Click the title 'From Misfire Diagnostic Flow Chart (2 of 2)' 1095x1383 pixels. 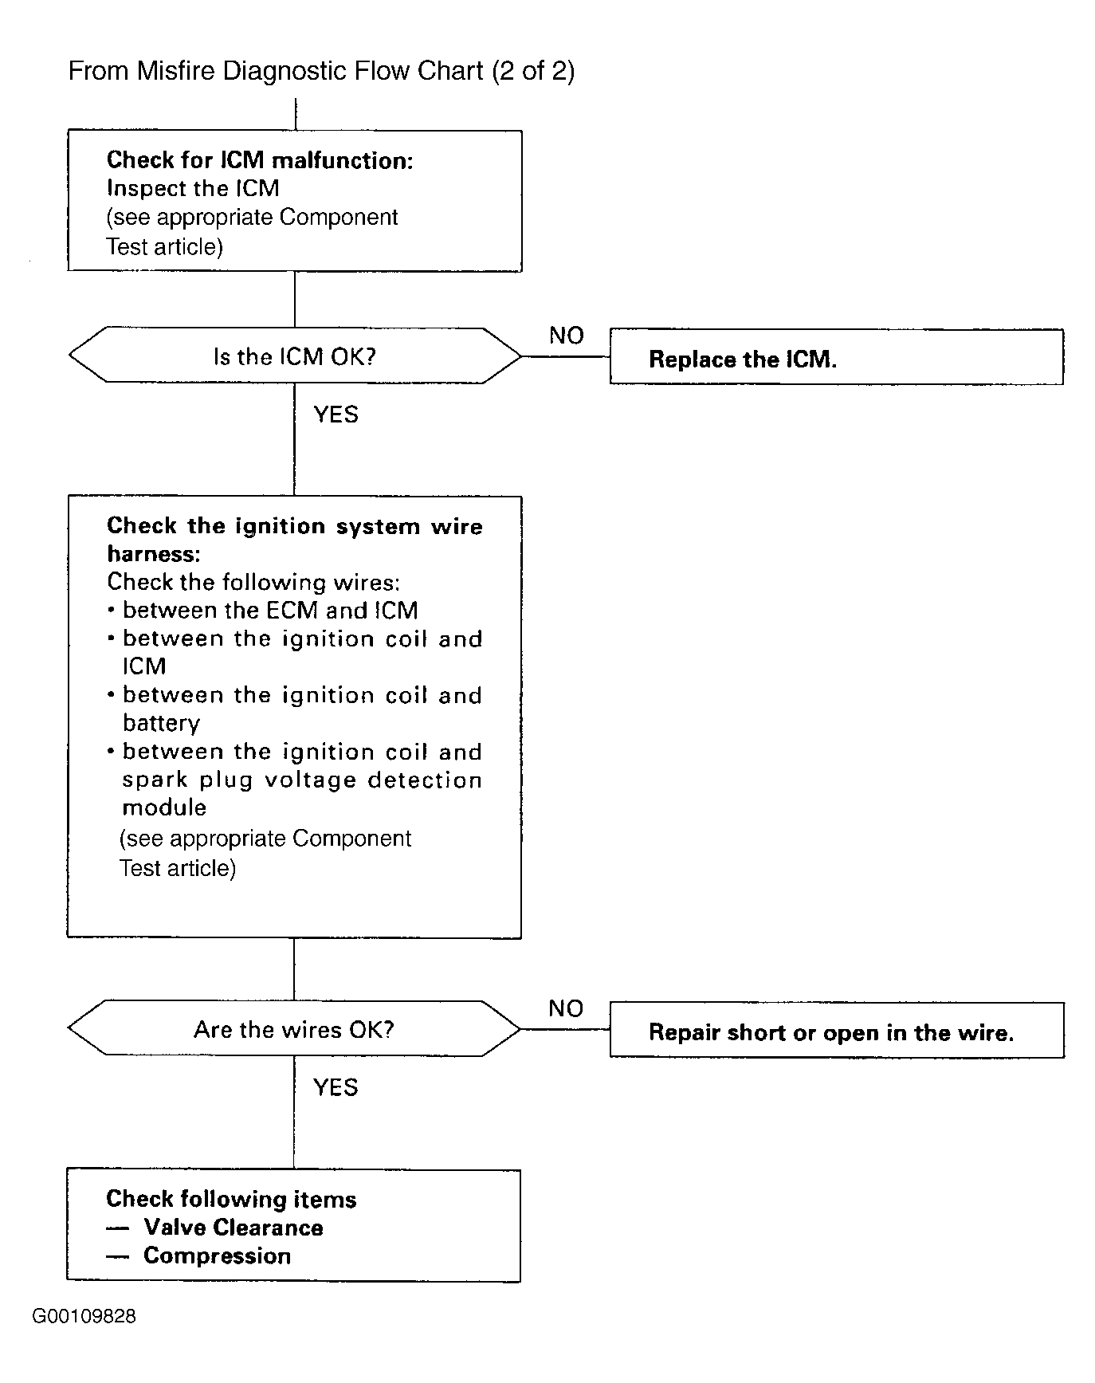coord(321,72)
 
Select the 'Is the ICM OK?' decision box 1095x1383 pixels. coord(295,356)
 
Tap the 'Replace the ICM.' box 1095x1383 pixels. coord(837,357)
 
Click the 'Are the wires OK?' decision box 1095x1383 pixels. coord(295,1029)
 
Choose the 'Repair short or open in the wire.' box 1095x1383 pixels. coord(837,1030)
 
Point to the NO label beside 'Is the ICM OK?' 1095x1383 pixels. coord(567,336)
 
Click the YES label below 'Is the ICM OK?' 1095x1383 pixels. coord(336,415)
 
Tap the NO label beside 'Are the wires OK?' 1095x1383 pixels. coord(566,1008)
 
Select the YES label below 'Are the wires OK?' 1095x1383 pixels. coord(336,1087)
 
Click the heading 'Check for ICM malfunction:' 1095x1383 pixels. coord(260,160)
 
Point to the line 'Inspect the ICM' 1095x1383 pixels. coord(193,189)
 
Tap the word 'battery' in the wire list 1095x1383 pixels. coord(161,724)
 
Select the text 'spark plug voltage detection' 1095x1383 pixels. coord(302,780)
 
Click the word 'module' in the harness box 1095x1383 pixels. coord(164,807)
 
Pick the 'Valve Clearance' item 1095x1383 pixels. coord(234,1228)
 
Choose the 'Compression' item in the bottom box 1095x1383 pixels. coord(217,1256)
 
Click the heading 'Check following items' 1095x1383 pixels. coord(231,1199)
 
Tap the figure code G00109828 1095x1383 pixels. coord(84,1316)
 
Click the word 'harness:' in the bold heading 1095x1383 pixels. coord(154,554)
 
